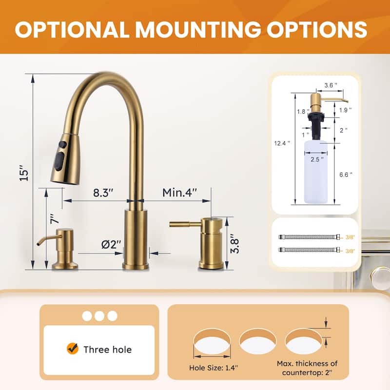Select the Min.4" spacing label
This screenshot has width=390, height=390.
[180, 192]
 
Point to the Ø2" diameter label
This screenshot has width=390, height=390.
[111, 245]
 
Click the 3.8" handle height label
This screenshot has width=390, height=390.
[235, 242]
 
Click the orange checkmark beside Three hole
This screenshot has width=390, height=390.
[73, 349]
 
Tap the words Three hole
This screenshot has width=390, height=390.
[107, 349]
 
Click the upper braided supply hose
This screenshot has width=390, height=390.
[310, 237]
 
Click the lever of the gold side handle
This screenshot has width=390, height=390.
[184, 224]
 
